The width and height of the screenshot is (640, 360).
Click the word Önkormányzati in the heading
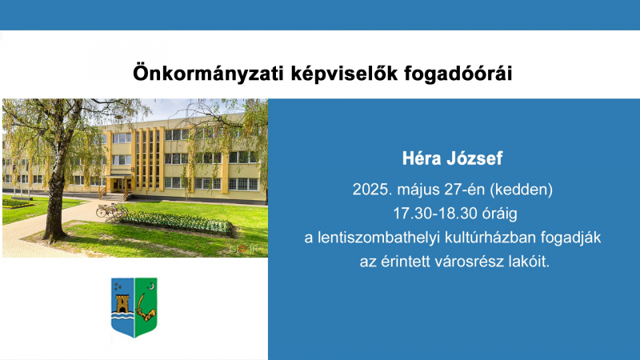click(x=208, y=74)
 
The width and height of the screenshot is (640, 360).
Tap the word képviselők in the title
click(x=344, y=74)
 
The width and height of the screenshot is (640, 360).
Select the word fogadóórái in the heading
click(x=458, y=74)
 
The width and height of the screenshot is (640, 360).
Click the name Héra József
click(x=452, y=158)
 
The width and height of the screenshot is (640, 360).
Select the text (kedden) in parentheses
click(x=521, y=190)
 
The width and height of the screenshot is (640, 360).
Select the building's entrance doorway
click(x=120, y=185)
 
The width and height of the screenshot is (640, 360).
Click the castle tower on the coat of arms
click(x=122, y=304)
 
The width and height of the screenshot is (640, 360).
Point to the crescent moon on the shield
click(x=151, y=286)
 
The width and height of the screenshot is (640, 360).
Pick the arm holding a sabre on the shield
click(x=146, y=310)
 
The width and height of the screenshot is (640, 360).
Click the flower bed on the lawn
click(x=175, y=223)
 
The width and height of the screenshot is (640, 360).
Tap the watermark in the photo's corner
click(x=243, y=249)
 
